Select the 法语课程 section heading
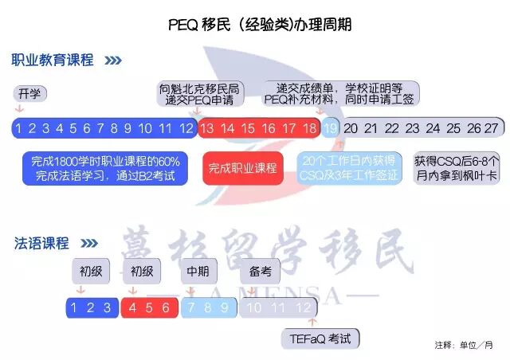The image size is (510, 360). pos(41,243)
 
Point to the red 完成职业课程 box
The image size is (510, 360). pos(242,168)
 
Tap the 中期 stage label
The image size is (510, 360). pos(198,270)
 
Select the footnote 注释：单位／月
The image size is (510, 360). pos(465,346)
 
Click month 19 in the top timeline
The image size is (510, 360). pos(331,128)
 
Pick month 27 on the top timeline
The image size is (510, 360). pos(491,128)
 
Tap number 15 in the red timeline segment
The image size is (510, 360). pos(248,128)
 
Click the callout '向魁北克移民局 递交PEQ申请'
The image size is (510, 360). pos(201,94)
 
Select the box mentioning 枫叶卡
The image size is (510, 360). pos(457,168)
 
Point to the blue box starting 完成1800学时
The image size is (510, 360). pos(106,168)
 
